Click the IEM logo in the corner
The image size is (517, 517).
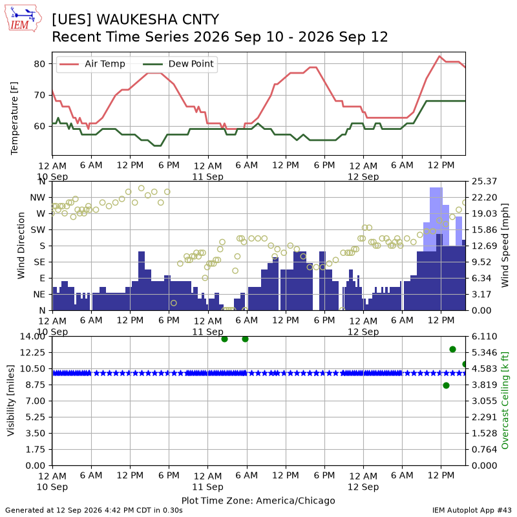click(23, 18)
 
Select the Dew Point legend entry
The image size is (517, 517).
click(178, 64)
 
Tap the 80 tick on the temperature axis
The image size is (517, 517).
click(39, 63)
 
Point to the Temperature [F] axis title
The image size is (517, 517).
click(14, 118)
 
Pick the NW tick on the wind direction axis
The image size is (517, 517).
click(37, 198)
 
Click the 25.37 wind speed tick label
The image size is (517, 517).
click(484, 182)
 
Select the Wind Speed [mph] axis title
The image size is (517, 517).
click(505, 246)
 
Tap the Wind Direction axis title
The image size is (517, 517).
click(21, 246)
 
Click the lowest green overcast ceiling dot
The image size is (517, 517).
click(446, 385)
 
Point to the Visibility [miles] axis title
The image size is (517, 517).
click(11, 401)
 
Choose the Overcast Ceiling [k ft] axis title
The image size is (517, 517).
click(505, 401)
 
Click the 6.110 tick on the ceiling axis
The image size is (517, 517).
click(484, 336)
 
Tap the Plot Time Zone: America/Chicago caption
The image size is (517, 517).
click(258, 500)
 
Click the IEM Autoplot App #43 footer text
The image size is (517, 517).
click(472, 510)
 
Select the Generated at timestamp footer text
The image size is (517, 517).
click(94, 510)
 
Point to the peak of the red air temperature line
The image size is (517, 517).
click(439, 56)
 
